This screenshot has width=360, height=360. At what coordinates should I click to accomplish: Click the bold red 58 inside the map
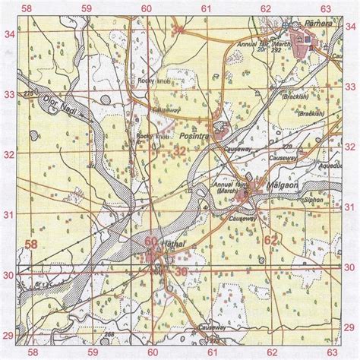point(32,244)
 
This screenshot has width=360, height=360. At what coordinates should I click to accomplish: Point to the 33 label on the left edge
point(9,95)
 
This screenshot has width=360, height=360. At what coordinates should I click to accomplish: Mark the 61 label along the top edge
point(206,7)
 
